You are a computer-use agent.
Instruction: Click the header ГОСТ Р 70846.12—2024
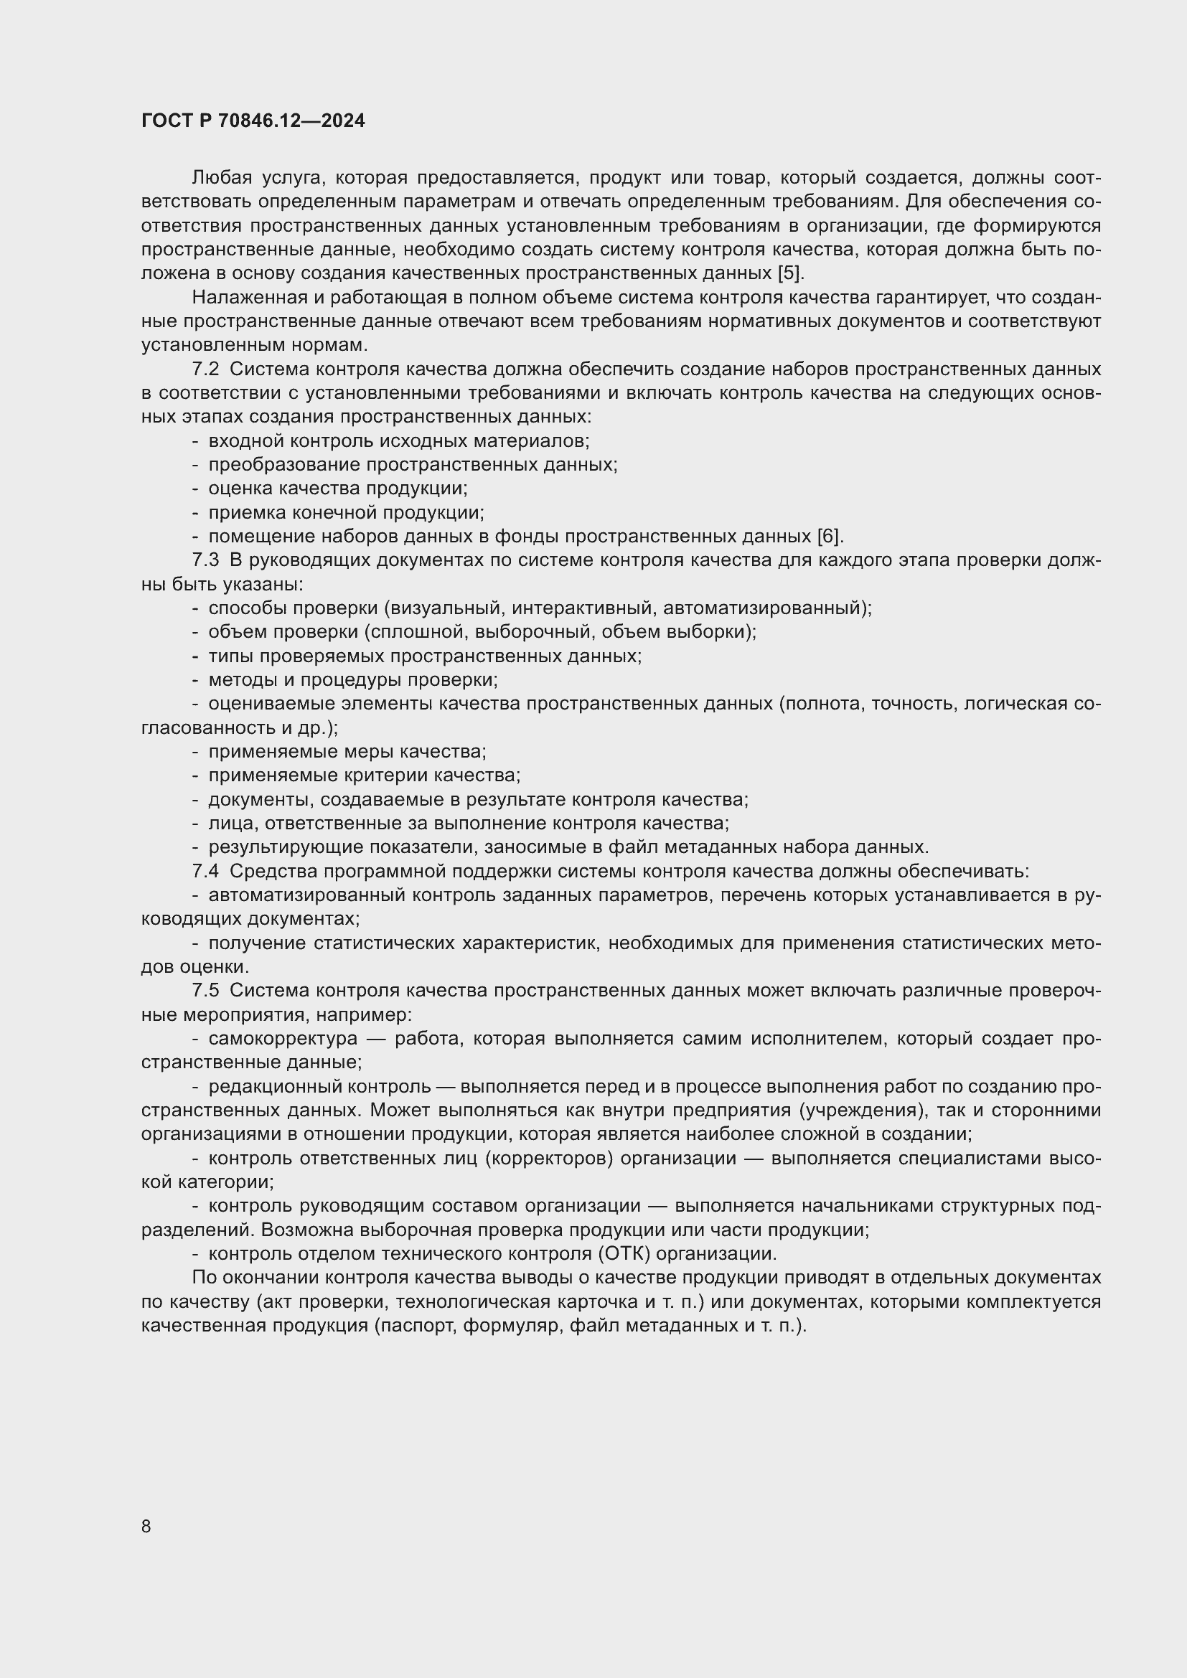click(253, 121)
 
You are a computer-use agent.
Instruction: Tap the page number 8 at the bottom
click(146, 1526)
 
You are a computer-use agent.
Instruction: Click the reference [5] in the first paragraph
click(789, 273)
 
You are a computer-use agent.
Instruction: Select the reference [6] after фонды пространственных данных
click(829, 537)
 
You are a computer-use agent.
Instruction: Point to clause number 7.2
click(205, 369)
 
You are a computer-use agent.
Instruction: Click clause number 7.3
click(205, 560)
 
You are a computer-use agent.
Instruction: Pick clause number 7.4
click(205, 871)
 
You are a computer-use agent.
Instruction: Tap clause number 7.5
click(205, 990)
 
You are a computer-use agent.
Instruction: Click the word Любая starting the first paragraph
click(222, 179)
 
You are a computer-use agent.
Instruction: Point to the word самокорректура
click(283, 1039)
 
